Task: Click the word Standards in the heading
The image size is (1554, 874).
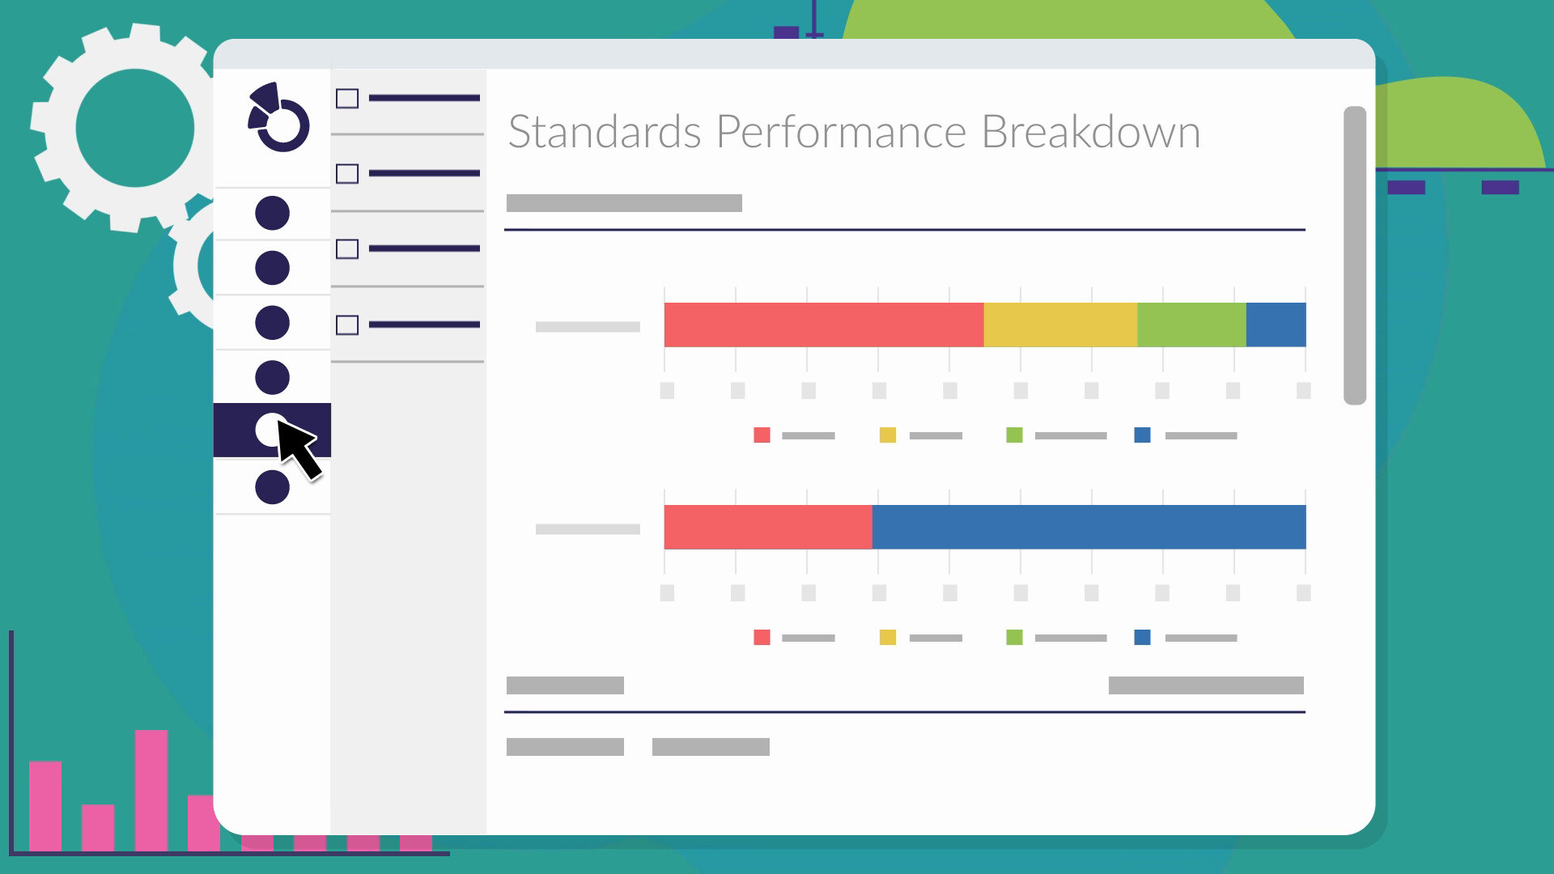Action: click(604, 132)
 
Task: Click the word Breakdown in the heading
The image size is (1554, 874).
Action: click(1090, 132)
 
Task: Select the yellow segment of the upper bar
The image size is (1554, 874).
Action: click(1060, 325)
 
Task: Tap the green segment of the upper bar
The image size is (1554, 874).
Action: click(1191, 325)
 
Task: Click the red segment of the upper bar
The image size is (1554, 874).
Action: click(823, 325)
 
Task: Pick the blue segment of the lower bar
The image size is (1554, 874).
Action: click(1089, 527)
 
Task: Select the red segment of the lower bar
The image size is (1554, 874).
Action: click(767, 527)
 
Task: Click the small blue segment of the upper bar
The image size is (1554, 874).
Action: click(1276, 325)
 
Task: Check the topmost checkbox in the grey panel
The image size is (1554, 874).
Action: click(347, 99)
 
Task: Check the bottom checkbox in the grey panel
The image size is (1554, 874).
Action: click(347, 325)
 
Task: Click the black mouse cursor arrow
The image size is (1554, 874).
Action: click(297, 448)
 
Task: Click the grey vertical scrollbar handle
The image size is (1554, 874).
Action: click(1354, 255)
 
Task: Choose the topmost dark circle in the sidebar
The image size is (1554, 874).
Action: click(272, 213)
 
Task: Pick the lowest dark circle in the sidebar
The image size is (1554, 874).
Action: click(272, 488)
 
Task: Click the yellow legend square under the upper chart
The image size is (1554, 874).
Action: click(888, 435)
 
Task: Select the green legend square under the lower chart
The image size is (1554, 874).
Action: click(1014, 638)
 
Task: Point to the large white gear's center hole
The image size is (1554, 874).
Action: click(135, 128)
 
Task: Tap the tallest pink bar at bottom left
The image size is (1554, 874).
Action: click(151, 789)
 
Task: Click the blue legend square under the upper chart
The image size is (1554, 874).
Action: click(1143, 435)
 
